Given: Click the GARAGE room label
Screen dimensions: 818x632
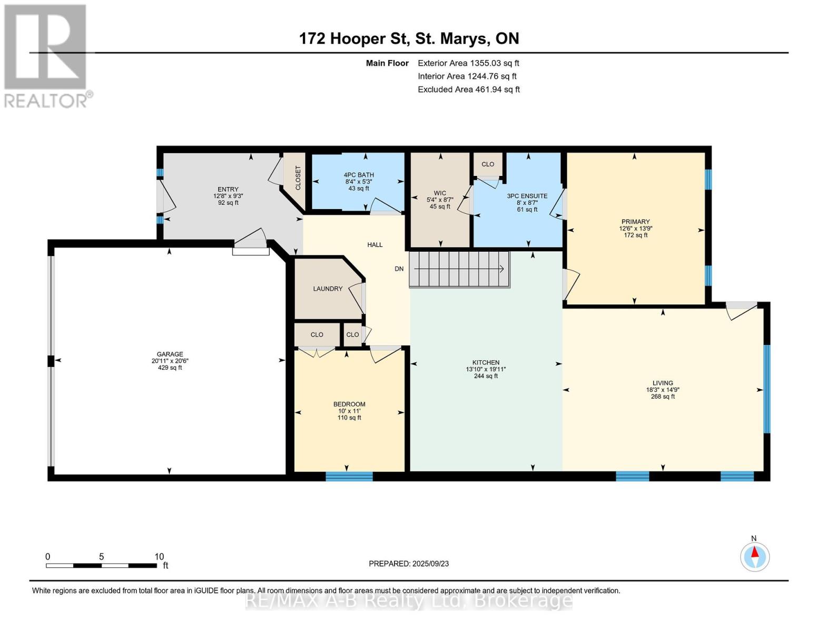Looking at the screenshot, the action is click(x=170, y=354).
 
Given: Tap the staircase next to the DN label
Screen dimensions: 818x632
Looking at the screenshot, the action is click(x=459, y=269).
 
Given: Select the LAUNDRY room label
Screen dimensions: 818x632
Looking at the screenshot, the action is click(x=328, y=289).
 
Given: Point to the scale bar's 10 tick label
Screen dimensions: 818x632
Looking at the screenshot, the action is click(x=159, y=556).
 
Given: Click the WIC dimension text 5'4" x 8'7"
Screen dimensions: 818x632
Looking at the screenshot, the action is click(x=440, y=200).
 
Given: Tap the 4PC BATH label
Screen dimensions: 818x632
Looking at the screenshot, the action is click(x=359, y=175).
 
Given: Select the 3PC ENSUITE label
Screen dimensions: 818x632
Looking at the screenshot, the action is click(x=527, y=196).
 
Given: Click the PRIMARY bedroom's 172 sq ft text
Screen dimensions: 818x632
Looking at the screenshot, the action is click(x=636, y=235).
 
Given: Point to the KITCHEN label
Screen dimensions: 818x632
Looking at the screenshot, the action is click(x=486, y=362).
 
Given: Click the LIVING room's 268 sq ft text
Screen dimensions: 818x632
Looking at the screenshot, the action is click(x=663, y=397).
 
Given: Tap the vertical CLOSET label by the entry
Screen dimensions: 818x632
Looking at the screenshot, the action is click(x=298, y=177).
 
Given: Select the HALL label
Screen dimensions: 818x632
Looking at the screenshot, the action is click(x=375, y=245).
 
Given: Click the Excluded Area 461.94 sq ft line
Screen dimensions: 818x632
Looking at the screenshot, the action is click(x=469, y=90).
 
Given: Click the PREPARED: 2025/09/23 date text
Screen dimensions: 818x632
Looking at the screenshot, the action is click(x=409, y=564).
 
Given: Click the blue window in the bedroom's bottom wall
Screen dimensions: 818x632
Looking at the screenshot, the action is click(x=349, y=476).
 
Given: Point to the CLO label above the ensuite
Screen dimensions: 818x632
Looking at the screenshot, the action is click(x=488, y=164).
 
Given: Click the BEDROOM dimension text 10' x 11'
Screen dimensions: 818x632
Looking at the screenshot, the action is click(x=349, y=411).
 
